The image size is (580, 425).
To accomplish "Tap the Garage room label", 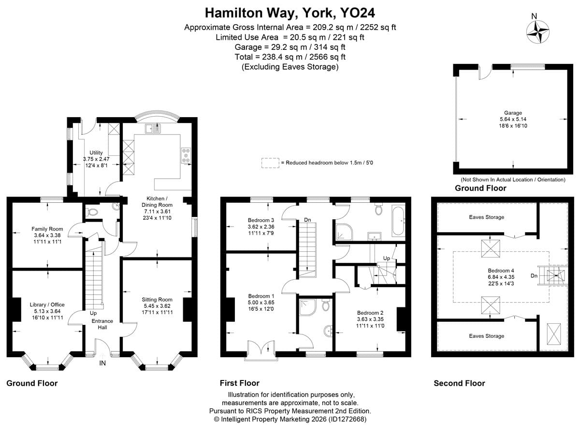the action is click(x=513, y=113).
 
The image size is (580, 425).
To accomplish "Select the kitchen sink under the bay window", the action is click(x=153, y=128).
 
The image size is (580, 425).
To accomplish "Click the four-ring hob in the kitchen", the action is click(x=186, y=155).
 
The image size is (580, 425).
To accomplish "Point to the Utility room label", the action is click(x=96, y=153).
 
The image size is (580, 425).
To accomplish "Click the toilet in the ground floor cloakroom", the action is click(x=92, y=212).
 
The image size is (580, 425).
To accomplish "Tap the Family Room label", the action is click(x=47, y=229).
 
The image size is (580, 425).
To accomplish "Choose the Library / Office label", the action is click(x=47, y=304).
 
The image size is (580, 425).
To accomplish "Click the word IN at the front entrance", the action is click(x=102, y=364).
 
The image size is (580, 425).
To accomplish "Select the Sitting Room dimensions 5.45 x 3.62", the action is click(x=157, y=306).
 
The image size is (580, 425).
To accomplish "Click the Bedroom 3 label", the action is click(x=261, y=220).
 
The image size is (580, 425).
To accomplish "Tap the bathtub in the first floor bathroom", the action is click(x=398, y=221).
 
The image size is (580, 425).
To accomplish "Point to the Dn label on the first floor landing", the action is click(x=307, y=220).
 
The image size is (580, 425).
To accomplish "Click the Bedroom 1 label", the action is click(x=261, y=296).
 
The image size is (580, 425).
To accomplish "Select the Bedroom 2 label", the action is click(x=370, y=313).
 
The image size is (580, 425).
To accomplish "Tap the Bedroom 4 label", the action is click(x=501, y=271).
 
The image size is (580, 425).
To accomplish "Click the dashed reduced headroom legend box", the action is click(x=270, y=163).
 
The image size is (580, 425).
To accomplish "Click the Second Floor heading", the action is click(x=459, y=383).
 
